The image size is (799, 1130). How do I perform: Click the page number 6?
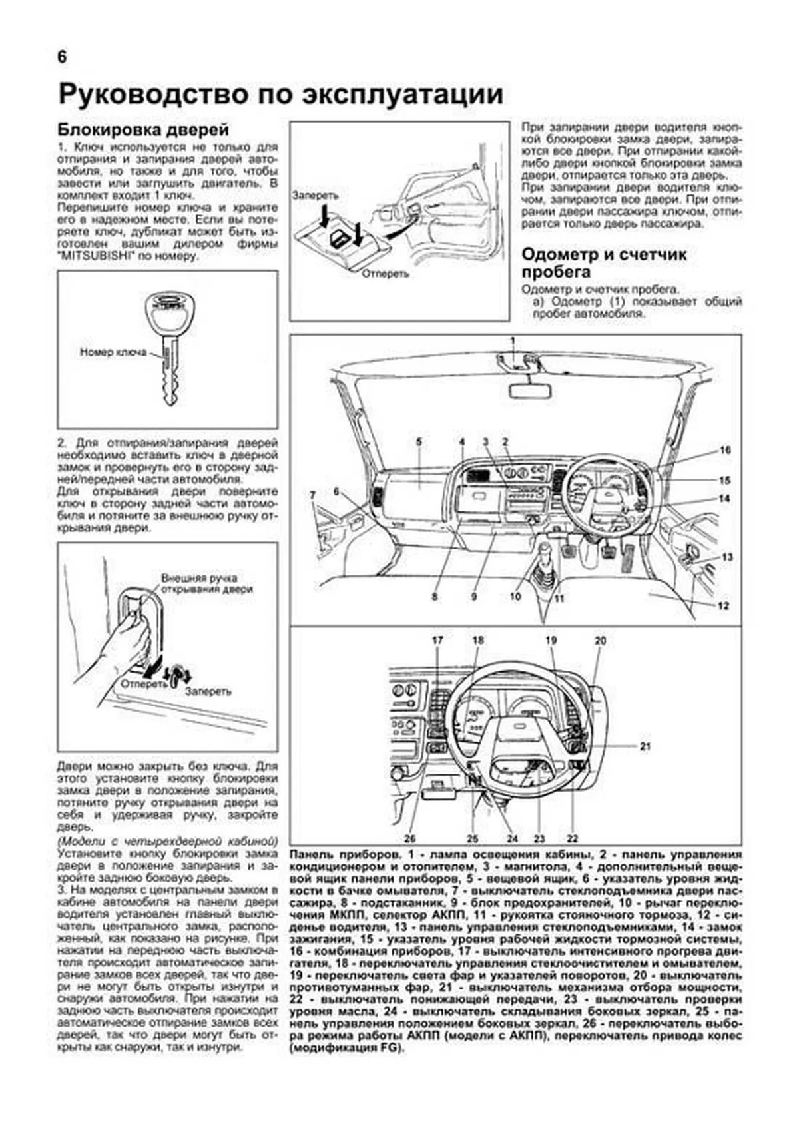[x=61, y=57]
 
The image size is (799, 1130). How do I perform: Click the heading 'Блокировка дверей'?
[x=143, y=129]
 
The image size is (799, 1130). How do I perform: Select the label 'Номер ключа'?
[x=113, y=352]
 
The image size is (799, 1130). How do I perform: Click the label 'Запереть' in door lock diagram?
[x=315, y=196]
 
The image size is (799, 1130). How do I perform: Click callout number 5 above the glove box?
[x=419, y=441]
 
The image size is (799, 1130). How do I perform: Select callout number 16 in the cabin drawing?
[x=725, y=451]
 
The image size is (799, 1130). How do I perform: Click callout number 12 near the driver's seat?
[x=724, y=605]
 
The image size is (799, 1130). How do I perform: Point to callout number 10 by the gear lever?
[x=515, y=597]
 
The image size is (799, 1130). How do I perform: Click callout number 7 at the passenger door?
[x=312, y=494]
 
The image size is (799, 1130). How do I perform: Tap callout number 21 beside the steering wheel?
[x=645, y=746]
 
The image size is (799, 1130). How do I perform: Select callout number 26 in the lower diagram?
[x=410, y=838]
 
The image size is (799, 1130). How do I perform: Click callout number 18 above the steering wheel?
[x=478, y=641]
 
